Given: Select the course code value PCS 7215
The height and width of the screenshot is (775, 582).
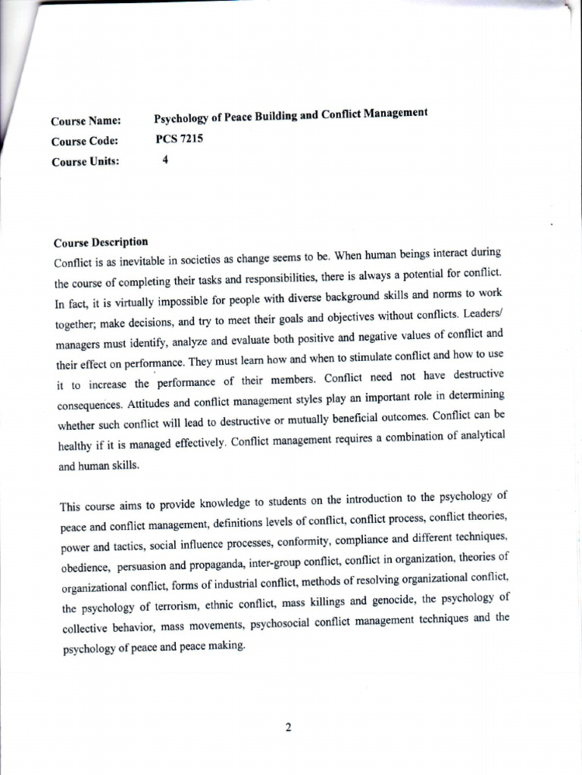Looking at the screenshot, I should pos(180,139).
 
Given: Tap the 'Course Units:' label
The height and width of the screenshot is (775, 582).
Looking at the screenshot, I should pos(85,161).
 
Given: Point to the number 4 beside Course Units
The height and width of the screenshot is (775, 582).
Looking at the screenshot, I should pos(165,160).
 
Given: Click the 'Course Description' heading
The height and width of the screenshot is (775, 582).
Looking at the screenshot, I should pos(101,243).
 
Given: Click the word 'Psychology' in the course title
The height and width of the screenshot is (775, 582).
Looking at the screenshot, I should pos(183,118).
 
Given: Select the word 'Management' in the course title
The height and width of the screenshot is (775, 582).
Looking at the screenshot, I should pos(394,114).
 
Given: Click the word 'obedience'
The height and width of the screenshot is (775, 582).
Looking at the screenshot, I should pos(86,568).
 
